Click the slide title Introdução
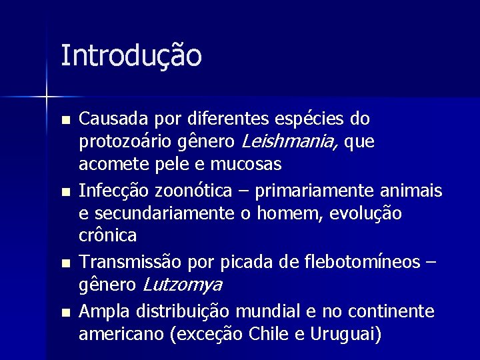(131, 56)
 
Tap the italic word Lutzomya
(182, 285)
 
